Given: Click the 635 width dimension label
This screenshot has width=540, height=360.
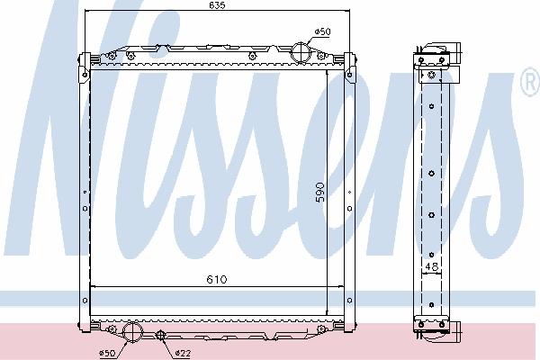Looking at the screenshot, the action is pos(217,4).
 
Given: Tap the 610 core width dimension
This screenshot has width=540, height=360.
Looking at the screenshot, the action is pos(217,279).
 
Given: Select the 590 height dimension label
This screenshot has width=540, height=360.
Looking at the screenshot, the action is pos(319,193).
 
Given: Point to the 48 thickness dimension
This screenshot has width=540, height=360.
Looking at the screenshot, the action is pos(431,266).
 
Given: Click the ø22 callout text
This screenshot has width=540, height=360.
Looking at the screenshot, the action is pos(183,353).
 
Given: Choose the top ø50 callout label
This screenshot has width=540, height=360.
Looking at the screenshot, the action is pos(322,31).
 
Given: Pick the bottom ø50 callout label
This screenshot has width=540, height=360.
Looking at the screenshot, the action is pos(107,353).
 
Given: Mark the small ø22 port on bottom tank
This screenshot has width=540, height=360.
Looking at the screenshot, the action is pos(160,335).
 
